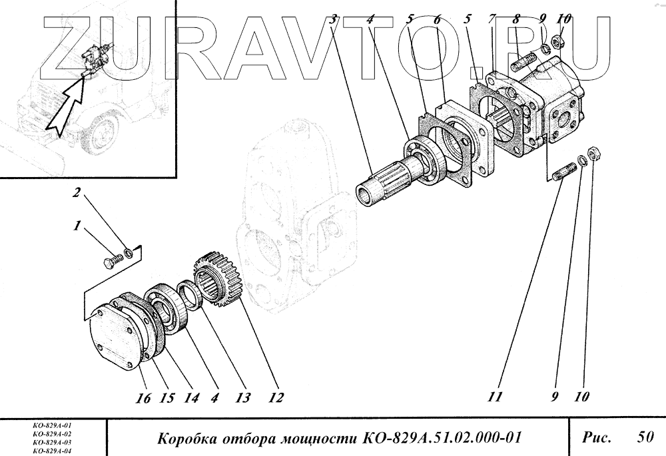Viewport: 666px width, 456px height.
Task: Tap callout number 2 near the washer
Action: click(76, 193)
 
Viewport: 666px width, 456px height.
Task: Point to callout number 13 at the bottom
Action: click(242, 397)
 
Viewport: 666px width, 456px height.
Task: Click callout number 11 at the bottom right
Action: click(496, 397)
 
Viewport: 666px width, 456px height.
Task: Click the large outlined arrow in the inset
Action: click(67, 107)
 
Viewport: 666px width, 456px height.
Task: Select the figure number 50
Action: click(645, 437)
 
